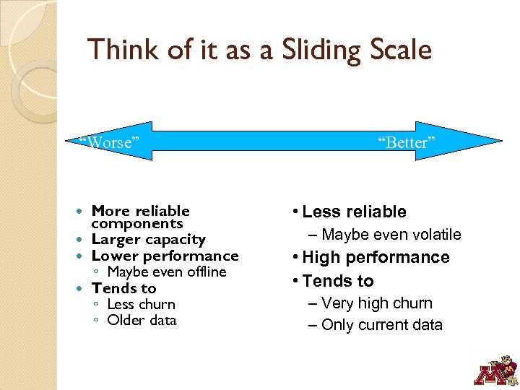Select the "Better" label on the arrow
pyautogui.click(x=407, y=143)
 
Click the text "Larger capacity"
pyautogui.click(x=149, y=239)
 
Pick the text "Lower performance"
pyautogui.click(x=165, y=256)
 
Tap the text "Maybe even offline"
pyautogui.click(x=167, y=272)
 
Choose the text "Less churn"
pyautogui.click(x=141, y=304)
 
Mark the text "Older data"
pyautogui.click(x=142, y=320)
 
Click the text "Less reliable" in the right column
pyautogui.click(x=354, y=212)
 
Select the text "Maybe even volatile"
pyautogui.click(x=391, y=234)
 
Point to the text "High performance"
pyautogui.click(x=376, y=257)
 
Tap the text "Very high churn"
pyautogui.click(x=376, y=303)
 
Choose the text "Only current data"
pyautogui.click(x=381, y=325)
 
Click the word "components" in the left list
pyautogui.click(x=137, y=224)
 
